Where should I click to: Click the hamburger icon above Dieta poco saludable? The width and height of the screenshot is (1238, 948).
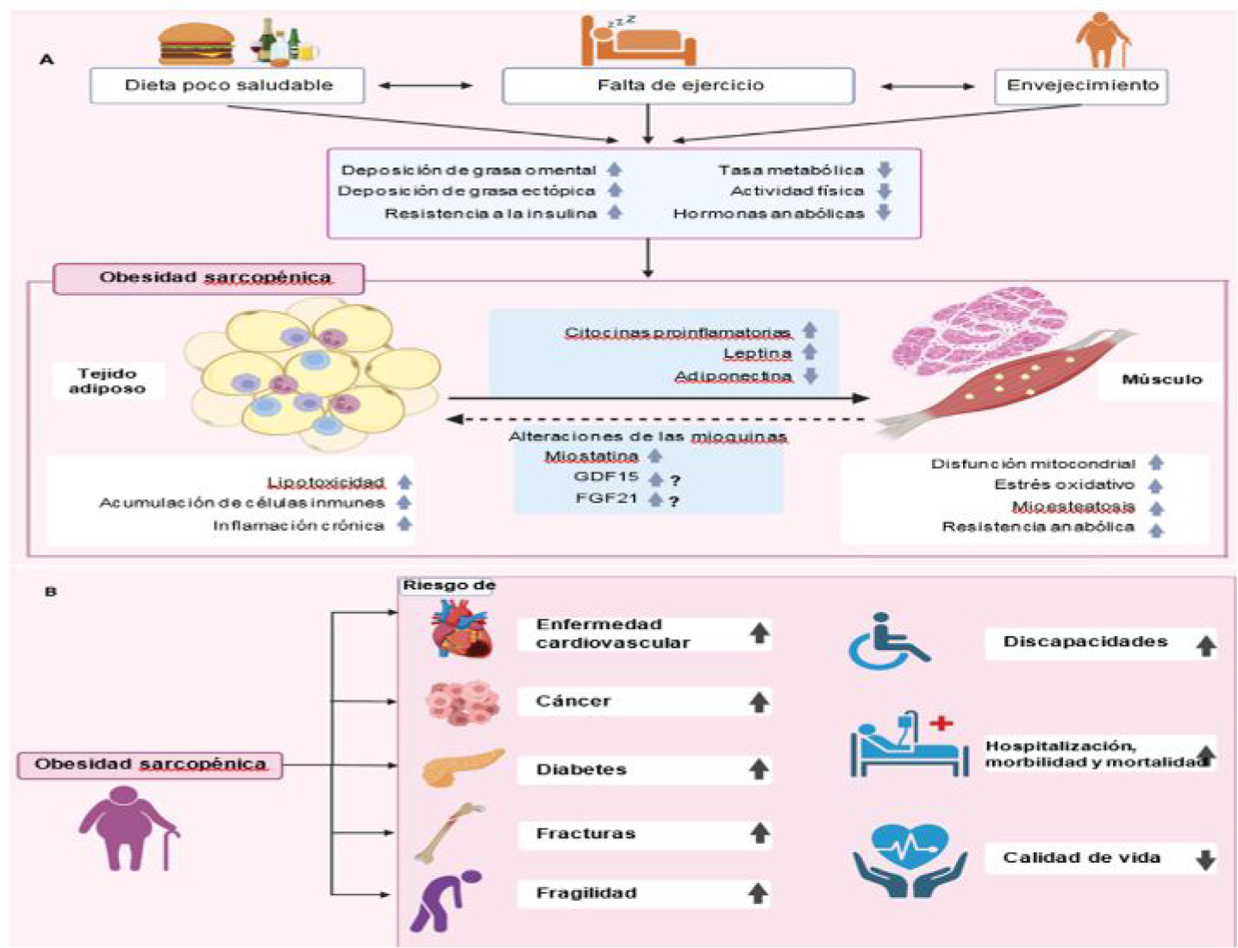coord(197,44)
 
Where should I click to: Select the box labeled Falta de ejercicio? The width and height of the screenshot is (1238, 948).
coord(678,85)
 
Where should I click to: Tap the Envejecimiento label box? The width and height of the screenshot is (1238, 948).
coord(1081,85)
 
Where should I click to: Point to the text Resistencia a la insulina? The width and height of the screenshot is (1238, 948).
coord(490,213)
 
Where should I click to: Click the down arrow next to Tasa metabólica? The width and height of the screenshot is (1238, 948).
coord(885,170)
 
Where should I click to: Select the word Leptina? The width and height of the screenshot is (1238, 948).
coord(757,353)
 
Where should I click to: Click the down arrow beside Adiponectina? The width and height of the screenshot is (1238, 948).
coord(810,376)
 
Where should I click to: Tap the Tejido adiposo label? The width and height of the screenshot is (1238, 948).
coord(107,381)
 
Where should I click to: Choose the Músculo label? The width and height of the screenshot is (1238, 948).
coord(1160,379)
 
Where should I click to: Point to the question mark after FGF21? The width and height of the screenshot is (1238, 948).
coord(674,501)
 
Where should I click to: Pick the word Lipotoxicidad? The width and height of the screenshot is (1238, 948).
coord(325,483)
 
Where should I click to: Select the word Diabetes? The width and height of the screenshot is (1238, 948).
coord(581,770)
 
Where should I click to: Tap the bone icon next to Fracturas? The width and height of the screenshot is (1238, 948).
coord(448,832)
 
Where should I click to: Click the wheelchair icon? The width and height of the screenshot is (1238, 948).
coord(888,642)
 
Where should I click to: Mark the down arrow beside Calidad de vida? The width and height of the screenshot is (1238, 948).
coord(1205,859)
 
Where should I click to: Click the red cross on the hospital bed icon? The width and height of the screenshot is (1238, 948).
coord(941,723)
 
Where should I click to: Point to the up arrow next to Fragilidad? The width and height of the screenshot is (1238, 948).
coord(759,894)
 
